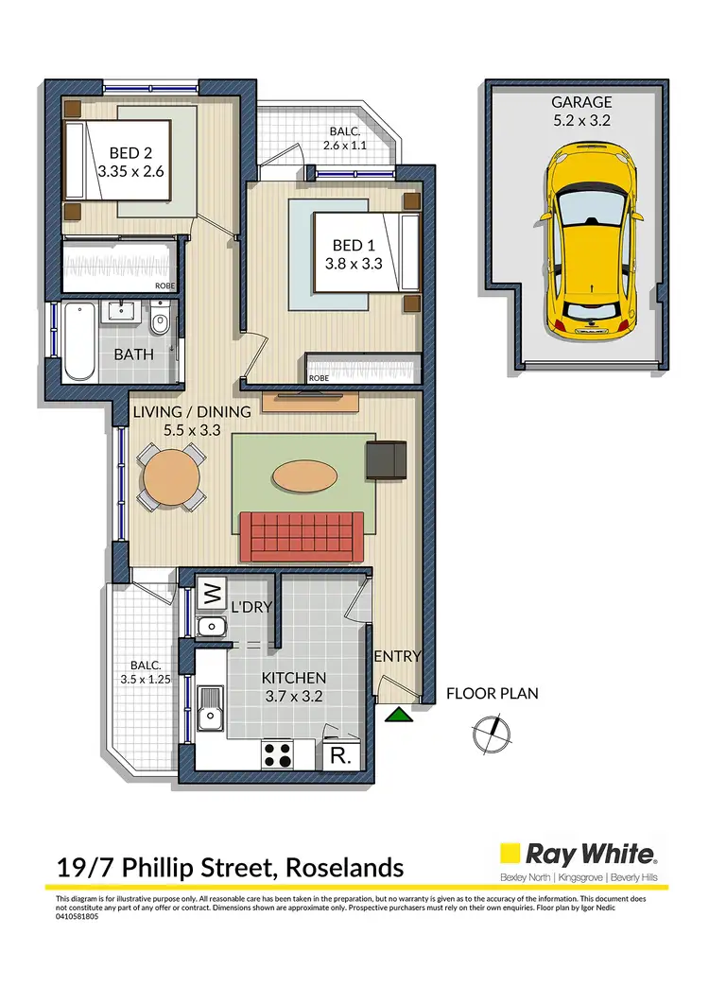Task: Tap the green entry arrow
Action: tap(401, 714)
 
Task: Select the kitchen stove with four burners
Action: tap(278, 753)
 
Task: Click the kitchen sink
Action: tap(210, 711)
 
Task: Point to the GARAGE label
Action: tap(582, 102)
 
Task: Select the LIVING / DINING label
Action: tap(192, 411)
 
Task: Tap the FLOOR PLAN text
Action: tap(493, 694)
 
